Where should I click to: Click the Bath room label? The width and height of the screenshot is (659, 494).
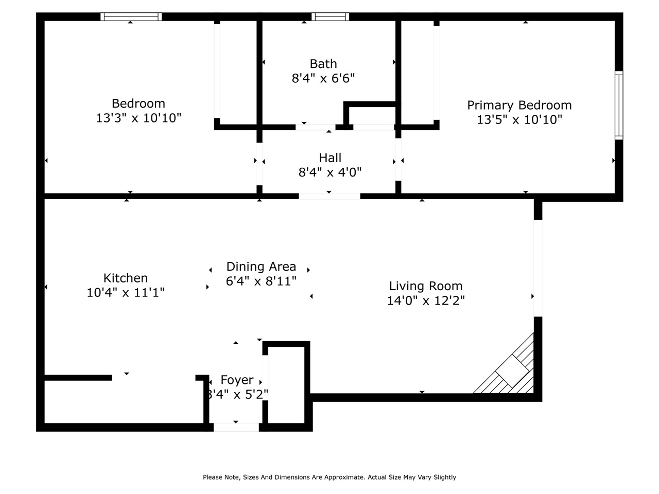tap(323, 64)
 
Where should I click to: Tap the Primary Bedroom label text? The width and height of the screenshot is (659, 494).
tap(519, 105)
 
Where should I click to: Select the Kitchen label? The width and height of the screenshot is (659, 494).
tap(126, 278)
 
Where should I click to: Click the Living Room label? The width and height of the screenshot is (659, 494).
tap(425, 286)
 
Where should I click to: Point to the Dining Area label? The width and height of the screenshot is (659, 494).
tap(261, 267)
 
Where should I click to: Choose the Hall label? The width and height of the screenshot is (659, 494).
tap(330, 157)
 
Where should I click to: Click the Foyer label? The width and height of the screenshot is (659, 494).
tap(237, 380)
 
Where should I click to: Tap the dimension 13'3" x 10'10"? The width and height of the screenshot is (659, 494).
tap(138, 118)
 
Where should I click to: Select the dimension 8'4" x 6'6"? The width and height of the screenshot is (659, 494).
tap(323, 78)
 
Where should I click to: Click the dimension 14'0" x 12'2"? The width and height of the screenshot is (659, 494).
tap(425, 301)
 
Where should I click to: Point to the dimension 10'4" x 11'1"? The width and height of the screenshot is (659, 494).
tap(126, 292)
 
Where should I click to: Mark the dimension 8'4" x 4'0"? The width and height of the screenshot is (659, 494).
tap(330, 172)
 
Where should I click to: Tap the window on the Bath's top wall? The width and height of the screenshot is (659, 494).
tap(330, 17)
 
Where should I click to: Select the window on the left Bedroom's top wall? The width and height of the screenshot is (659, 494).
tap(131, 17)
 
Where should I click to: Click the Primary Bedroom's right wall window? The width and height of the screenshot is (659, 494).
tap(619, 105)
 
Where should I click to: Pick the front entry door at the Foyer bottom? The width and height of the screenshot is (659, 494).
tap(236, 427)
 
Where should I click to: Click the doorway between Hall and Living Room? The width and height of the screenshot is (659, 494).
tap(329, 196)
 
